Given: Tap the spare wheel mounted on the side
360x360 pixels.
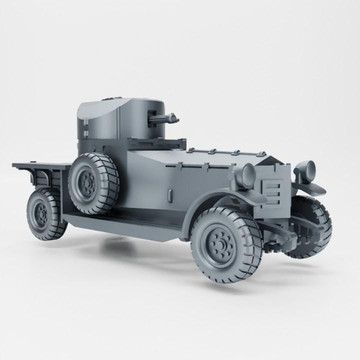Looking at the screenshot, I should (x=93, y=182).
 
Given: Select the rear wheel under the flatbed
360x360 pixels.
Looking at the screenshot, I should (x=45, y=214).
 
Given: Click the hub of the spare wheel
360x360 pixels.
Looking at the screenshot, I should (x=88, y=185).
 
